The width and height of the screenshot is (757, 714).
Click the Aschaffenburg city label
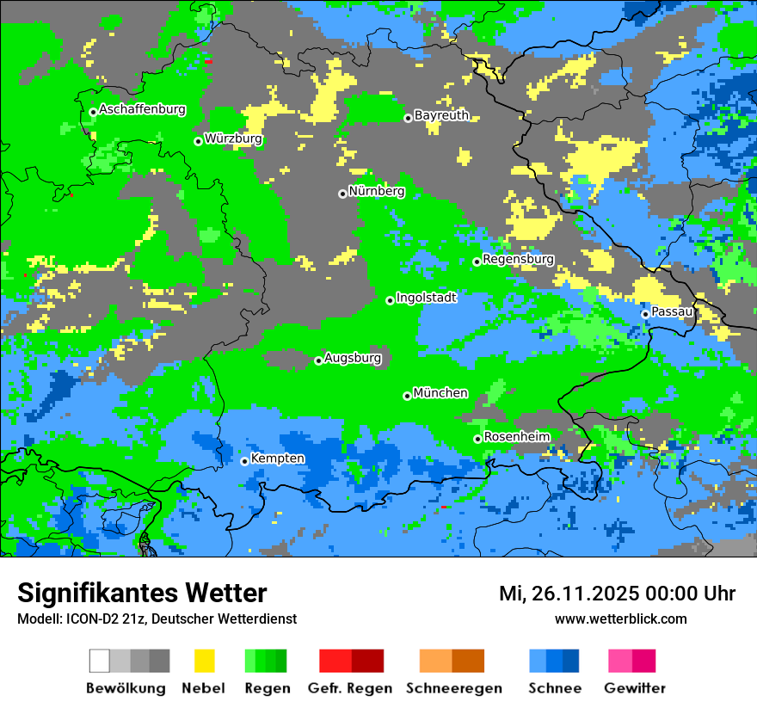pos(142,109)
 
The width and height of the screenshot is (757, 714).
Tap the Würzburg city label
pos(233,138)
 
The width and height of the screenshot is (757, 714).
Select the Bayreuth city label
pos(441,115)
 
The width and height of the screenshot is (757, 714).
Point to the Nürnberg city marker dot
pos(342,194)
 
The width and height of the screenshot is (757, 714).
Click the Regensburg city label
pos(518,259)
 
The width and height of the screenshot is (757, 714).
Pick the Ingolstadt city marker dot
pos(390,300)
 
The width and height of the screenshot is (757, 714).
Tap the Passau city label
pos(672,311)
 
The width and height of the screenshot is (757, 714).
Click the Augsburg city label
pos(353,358)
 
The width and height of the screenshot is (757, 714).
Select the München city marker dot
pos(407,396)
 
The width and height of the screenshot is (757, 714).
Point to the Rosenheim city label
pos(516,436)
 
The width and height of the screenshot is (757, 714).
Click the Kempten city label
pos(277,458)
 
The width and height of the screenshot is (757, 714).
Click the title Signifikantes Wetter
pos(142,593)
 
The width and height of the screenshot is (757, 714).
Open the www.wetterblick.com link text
pos(620,619)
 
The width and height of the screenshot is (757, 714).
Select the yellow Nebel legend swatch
pos(204,661)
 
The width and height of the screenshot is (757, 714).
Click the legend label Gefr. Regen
pos(350,688)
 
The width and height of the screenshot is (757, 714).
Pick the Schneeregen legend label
pos(453,688)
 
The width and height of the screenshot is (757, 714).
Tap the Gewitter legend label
pos(634,688)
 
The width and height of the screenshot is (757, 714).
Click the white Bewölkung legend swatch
pos(100,661)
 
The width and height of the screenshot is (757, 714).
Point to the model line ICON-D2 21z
pos(157,619)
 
